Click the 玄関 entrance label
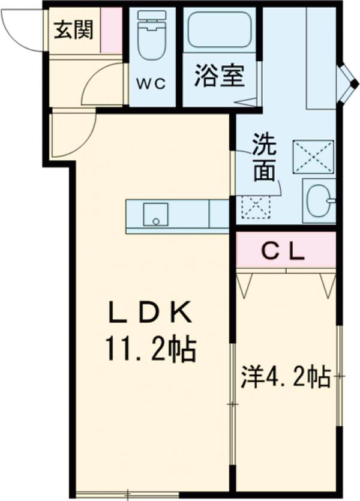74,29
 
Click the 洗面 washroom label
264,158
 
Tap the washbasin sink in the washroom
319,200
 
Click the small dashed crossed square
256,206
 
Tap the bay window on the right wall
347,83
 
